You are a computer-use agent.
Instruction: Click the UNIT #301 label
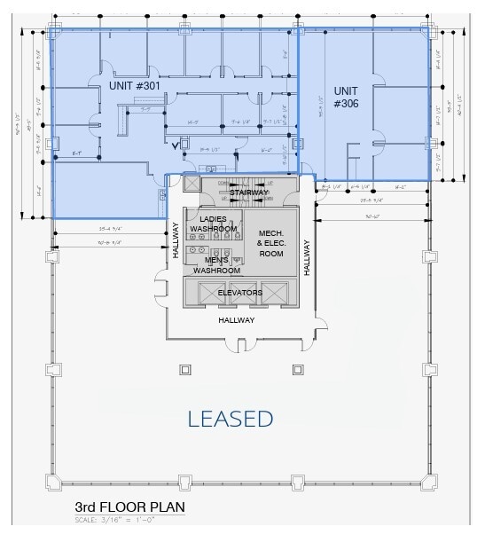135,86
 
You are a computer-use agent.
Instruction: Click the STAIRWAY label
248,192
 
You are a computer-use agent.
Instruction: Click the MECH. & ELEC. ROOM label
270,243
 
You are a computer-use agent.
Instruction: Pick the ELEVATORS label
239,292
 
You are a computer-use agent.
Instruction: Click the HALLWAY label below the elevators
237,320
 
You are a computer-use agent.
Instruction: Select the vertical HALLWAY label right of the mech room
306,256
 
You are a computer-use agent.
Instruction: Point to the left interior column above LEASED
185,369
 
